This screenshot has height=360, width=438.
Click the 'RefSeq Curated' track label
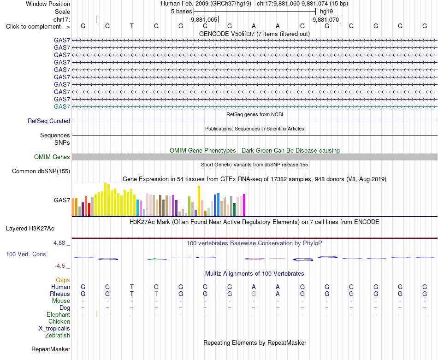point(49,121)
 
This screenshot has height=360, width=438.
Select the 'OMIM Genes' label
point(52,157)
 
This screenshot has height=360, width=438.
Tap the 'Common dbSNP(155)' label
point(41,171)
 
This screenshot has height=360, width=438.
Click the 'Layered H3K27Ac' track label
point(30,229)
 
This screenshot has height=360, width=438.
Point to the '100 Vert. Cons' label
point(26,254)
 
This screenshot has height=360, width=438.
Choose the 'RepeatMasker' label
point(51,349)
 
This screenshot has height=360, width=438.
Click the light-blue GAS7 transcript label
point(62,106)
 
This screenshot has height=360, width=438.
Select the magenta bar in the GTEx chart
point(244,205)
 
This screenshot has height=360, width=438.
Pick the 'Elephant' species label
point(59,314)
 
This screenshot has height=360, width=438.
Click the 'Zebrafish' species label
point(58,335)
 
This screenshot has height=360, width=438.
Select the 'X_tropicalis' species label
point(54,329)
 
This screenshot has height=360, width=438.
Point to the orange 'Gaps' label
point(63,280)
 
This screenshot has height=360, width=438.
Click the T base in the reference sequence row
point(132,26)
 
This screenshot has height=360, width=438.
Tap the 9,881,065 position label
point(204,19)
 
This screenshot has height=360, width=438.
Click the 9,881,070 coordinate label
point(326,19)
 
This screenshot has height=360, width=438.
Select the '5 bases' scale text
point(182,12)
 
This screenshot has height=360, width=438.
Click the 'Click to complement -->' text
point(38,27)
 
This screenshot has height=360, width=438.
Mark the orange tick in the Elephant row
point(96,314)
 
